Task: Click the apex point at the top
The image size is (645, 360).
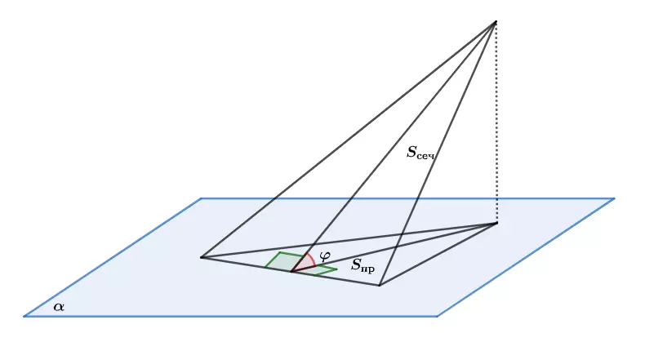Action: tap(496, 22)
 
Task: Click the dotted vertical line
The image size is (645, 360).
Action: tap(496, 122)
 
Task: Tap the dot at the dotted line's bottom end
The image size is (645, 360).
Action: tap(496, 224)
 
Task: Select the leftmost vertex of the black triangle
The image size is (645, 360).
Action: tap(202, 258)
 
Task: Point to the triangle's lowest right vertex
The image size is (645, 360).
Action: tap(380, 285)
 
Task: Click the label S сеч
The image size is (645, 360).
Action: tap(420, 153)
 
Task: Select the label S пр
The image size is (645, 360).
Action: tap(363, 265)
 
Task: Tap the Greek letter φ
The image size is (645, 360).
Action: tap(325, 256)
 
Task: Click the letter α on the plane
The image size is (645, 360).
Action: tap(59, 306)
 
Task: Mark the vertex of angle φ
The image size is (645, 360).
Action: tap(291, 272)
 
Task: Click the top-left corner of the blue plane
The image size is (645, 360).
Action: tap(201, 198)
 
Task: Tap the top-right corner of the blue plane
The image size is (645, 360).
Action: tap(614, 198)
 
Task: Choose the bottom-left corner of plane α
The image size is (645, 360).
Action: tap(24, 316)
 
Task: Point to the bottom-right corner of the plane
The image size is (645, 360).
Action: tap(437, 316)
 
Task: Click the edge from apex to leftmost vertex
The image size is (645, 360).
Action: tap(349, 140)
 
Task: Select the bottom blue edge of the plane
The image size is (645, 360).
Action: tap(230, 316)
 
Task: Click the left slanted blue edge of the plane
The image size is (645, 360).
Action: tap(113, 257)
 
